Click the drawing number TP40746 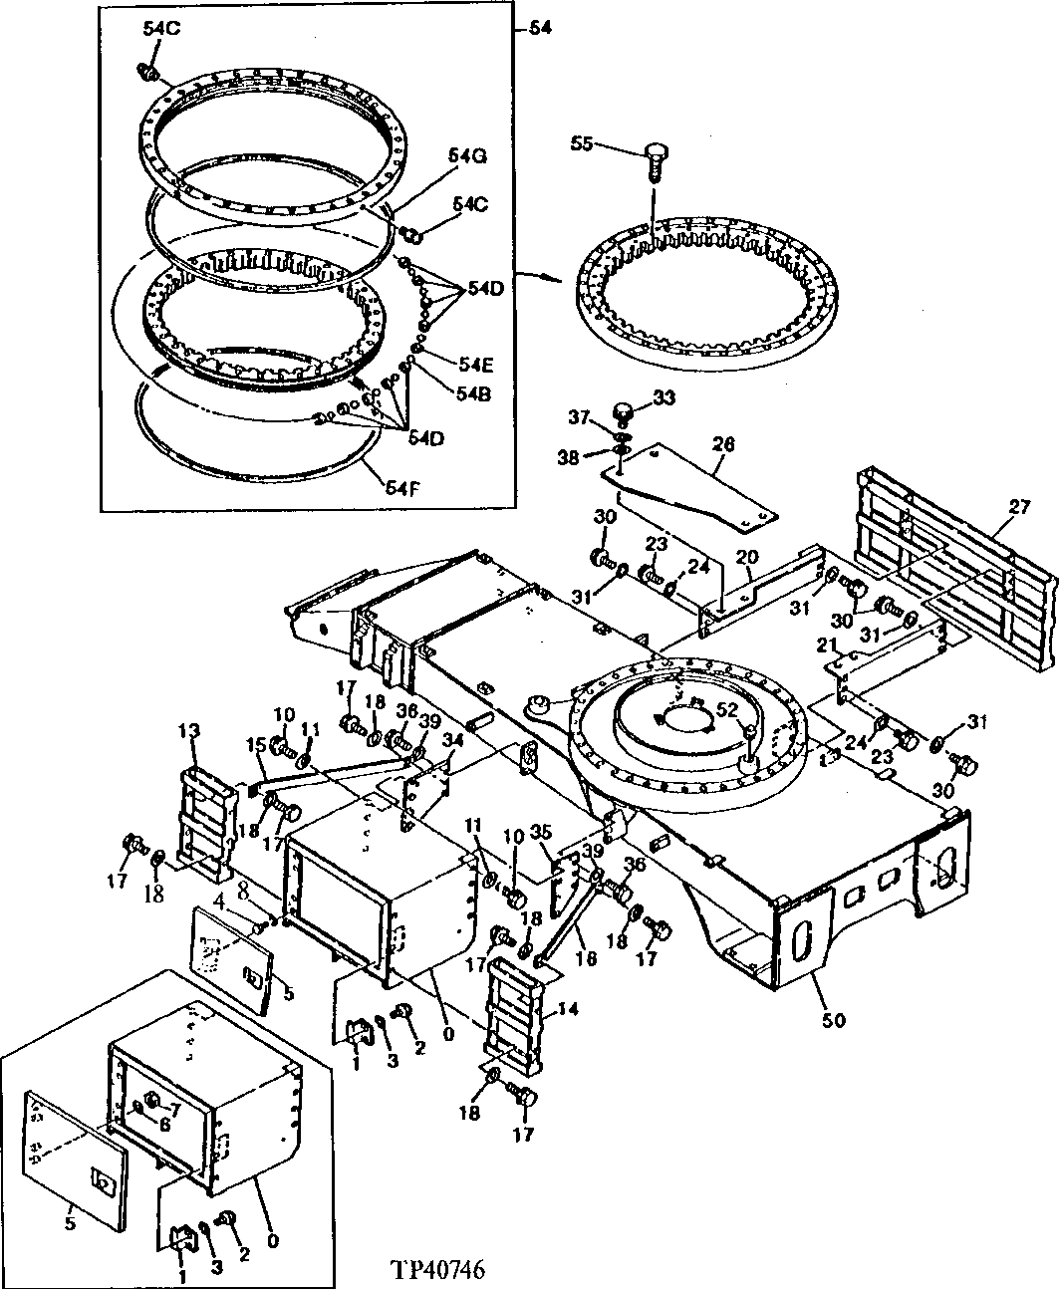pyautogui.click(x=437, y=1271)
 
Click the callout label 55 pyautogui.click(x=581, y=143)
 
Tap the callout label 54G pyautogui.click(x=466, y=156)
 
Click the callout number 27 pyautogui.click(x=1018, y=505)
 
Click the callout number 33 pyautogui.click(x=663, y=397)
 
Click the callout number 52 pyautogui.click(x=728, y=709)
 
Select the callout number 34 pyautogui.click(x=453, y=739)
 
